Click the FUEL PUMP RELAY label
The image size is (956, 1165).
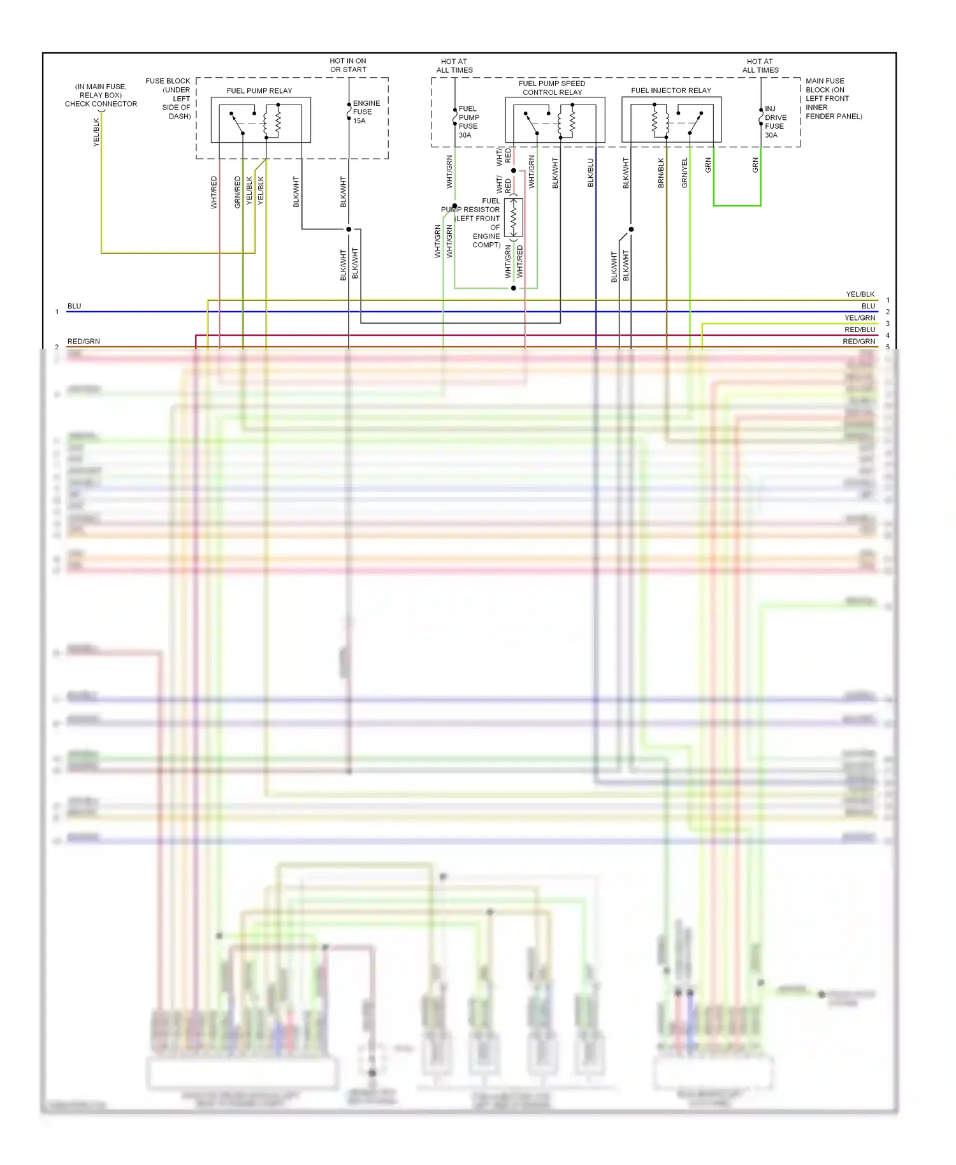259,90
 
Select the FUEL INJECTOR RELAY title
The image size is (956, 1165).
670,90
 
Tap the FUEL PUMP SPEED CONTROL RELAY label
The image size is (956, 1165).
552,88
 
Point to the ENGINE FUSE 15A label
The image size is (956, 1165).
366,112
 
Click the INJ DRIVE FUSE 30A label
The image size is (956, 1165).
775,122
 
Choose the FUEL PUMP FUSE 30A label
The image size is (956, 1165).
468,122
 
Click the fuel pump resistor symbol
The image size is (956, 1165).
514,218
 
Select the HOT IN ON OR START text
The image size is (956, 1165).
348,65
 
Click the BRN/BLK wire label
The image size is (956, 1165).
661,173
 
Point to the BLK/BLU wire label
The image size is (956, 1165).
590,173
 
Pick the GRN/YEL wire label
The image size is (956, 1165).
684,173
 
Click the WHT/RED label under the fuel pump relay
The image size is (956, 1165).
214,192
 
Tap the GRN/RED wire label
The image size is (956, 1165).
238,192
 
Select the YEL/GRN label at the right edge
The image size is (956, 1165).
859,317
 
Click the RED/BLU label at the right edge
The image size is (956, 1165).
859,329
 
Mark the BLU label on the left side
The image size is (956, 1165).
75,306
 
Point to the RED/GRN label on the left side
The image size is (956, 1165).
83,342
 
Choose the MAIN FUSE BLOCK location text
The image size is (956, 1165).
833,99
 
